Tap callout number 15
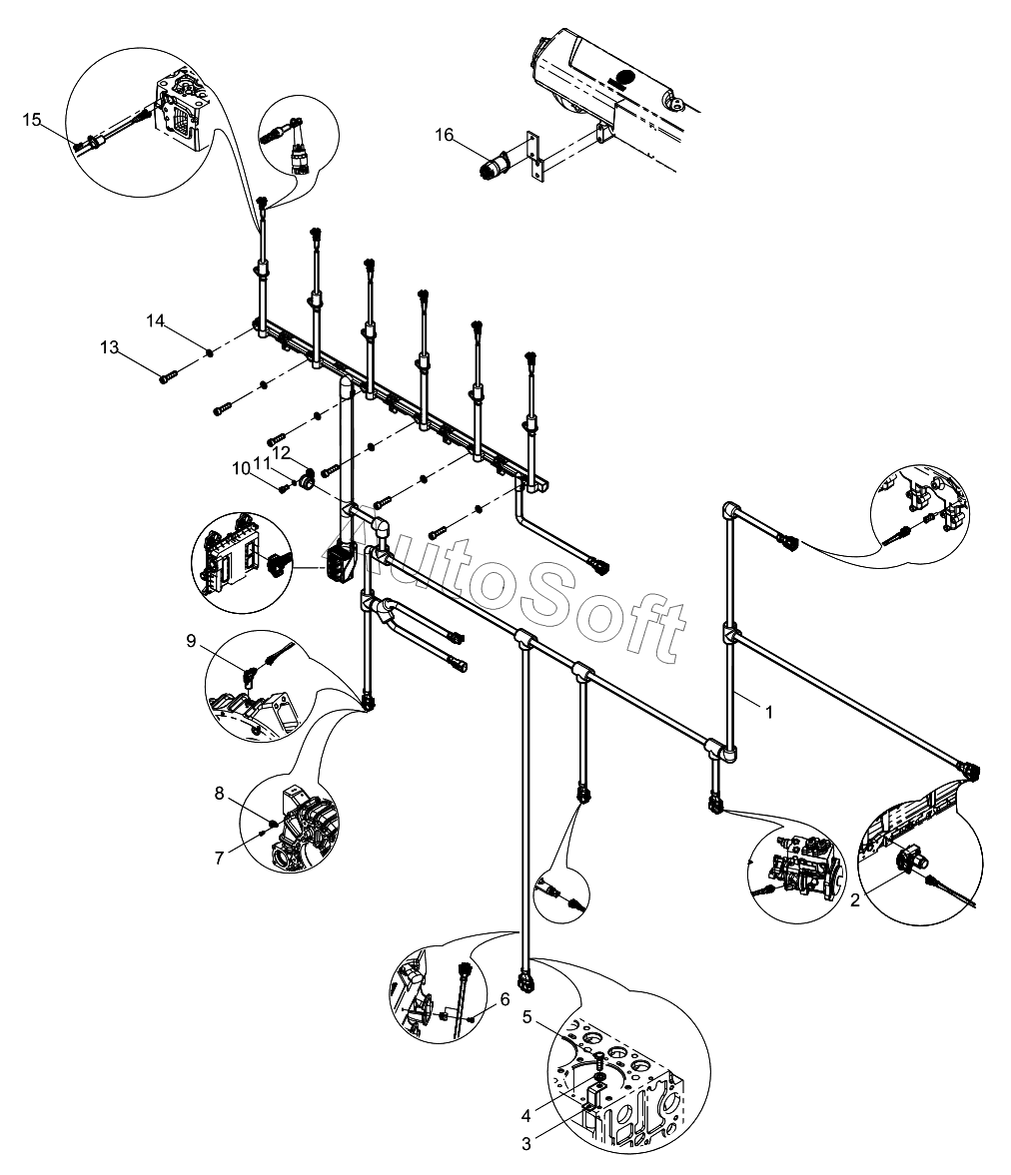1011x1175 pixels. (32, 120)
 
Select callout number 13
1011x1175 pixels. (109, 347)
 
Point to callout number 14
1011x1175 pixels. (155, 320)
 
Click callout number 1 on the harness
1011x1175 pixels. (768, 712)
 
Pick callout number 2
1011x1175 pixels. (855, 899)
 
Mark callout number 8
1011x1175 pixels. (219, 794)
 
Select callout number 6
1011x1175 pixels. (505, 998)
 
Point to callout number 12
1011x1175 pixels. (283, 452)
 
